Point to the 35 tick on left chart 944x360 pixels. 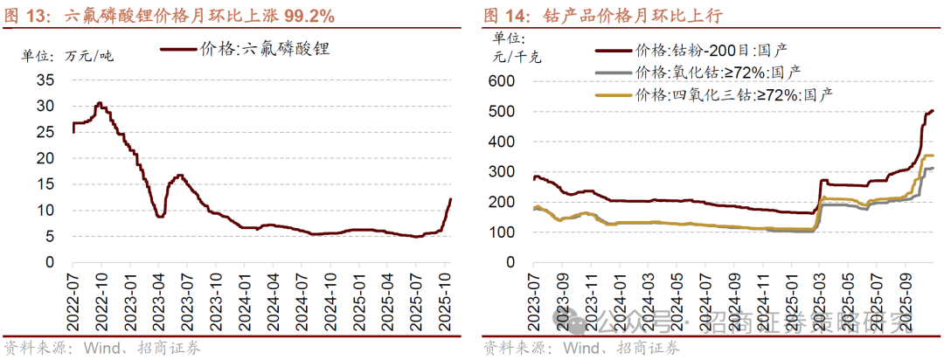tap(45, 80)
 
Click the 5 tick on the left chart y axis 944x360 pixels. tap(50, 237)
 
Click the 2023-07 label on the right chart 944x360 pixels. tap(534, 297)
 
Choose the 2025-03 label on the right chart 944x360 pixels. tap(818, 297)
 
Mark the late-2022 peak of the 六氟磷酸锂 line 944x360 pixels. tap(100, 103)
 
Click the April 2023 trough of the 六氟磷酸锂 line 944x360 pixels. tap(160, 216)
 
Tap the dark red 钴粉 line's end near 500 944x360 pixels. tap(933, 110)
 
